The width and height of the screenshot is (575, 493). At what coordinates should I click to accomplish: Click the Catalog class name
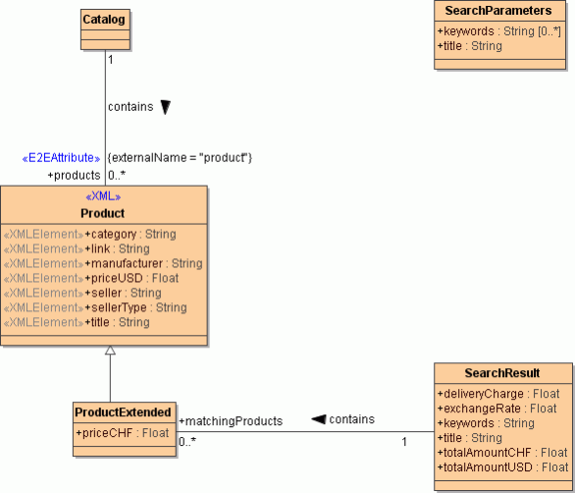click(104, 20)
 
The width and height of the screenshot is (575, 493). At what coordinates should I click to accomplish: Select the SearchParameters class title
click(497, 11)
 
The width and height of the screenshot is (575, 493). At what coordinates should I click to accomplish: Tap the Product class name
click(103, 213)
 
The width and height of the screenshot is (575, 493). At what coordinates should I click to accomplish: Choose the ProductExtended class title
click(124, 411)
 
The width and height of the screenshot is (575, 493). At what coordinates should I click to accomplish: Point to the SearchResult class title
click(502, 372)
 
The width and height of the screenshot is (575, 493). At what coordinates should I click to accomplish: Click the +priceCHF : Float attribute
click(122, 432)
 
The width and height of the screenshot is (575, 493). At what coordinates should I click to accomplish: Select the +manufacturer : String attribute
click(143, 263)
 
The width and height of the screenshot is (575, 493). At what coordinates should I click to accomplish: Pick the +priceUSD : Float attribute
click(131, 278)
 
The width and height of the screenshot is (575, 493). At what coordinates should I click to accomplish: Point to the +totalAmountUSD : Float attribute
click(502, 467)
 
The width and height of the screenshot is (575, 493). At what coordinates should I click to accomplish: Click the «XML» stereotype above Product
click(104, 197)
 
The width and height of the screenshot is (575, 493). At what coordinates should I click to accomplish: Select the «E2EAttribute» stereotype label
click(61, 157)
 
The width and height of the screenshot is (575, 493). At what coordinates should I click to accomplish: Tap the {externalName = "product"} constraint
click(180, 157)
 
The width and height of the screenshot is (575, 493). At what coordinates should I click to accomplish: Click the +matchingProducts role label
click(231, 420)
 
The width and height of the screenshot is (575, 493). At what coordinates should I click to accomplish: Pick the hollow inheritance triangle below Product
click(110, 351)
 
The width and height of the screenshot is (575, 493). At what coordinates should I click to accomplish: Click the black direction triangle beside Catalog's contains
click(166, 107)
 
